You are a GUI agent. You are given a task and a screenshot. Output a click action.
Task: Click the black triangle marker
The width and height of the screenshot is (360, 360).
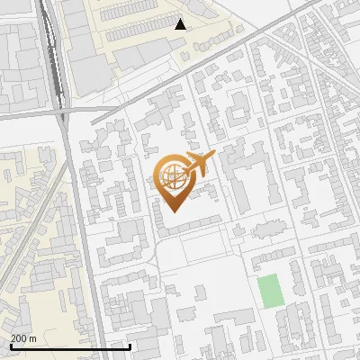point(181,24)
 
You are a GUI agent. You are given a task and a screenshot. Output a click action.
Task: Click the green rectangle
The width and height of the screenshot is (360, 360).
point(268,290)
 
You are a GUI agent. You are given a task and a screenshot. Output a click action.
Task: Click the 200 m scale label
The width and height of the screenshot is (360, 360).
point(23,337)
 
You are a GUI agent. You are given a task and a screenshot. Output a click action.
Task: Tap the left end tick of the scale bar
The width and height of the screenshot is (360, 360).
point(11,345)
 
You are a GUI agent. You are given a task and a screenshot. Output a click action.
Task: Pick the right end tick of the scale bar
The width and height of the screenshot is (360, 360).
point(130,345)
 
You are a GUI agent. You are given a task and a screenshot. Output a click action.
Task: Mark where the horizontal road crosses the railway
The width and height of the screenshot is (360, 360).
point(63,112)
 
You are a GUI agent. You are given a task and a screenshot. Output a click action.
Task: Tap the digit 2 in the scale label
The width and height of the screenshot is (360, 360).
point(13,337)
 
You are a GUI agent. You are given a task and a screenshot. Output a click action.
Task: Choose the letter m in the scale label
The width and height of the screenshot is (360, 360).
point(33,338)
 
